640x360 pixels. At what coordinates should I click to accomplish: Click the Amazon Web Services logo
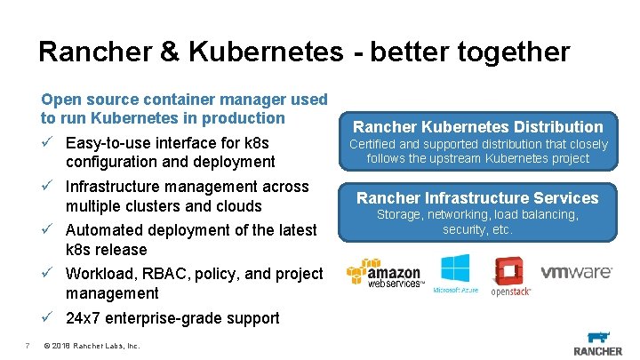click(x=384, y=275)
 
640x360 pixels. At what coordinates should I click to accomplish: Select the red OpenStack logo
click(x=511, y=276)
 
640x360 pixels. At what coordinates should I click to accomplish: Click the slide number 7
click(x=28, y=345)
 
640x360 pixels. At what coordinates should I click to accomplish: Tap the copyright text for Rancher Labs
click(x=91, y=345)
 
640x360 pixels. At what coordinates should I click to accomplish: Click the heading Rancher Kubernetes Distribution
click(x=478, y=127)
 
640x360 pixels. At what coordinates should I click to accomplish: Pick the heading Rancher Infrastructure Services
click(x=478, y=198)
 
